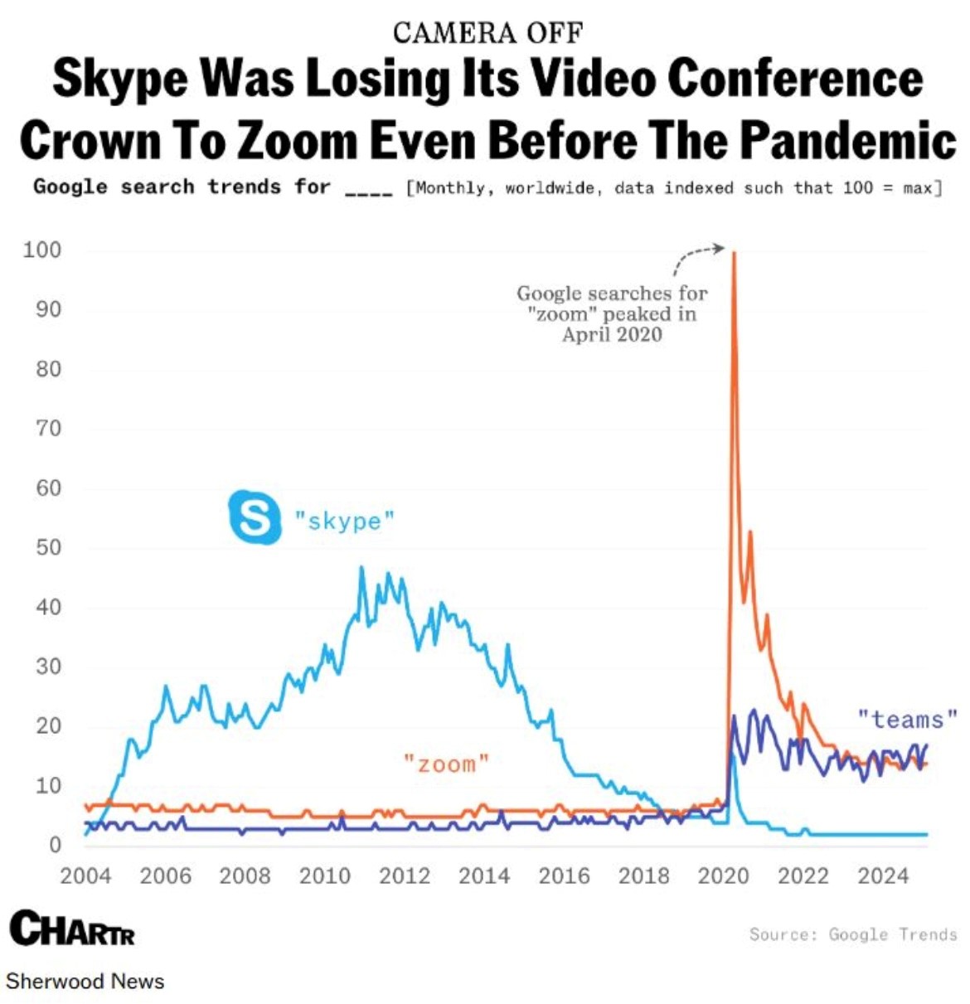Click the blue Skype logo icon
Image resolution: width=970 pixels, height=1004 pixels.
point(255,517)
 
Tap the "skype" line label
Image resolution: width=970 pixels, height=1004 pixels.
point(344,521)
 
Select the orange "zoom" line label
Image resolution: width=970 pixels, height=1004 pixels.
point(446,764)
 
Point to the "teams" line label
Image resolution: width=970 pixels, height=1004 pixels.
point(907,719)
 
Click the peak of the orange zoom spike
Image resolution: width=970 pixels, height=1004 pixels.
point(734,253)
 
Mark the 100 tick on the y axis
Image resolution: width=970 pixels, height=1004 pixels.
point(42,250)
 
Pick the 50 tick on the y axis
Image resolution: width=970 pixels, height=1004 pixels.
point(48,547)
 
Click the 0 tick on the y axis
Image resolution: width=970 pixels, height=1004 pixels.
point(55,845)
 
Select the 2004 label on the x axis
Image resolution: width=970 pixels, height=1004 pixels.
point(85,876)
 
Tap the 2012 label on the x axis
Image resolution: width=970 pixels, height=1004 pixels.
point(405,876)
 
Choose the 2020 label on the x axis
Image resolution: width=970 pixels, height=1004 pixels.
point(723,876)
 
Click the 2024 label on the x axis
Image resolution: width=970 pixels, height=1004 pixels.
point(883,876)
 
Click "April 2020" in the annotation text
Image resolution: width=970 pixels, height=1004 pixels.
point(612,335)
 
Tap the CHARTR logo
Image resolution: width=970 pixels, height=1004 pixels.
point(72,929)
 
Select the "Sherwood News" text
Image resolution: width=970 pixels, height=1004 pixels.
point(85,982)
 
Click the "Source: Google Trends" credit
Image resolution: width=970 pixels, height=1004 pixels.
point(853,934)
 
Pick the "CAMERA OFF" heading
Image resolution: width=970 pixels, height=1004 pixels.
point(487,33)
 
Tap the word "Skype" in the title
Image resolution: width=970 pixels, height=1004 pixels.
point(120,78)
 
